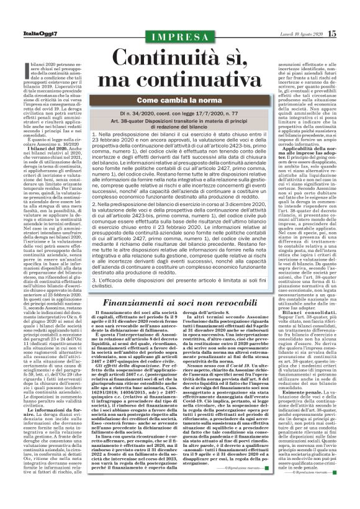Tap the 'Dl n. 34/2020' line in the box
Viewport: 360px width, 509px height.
[180, 115]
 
